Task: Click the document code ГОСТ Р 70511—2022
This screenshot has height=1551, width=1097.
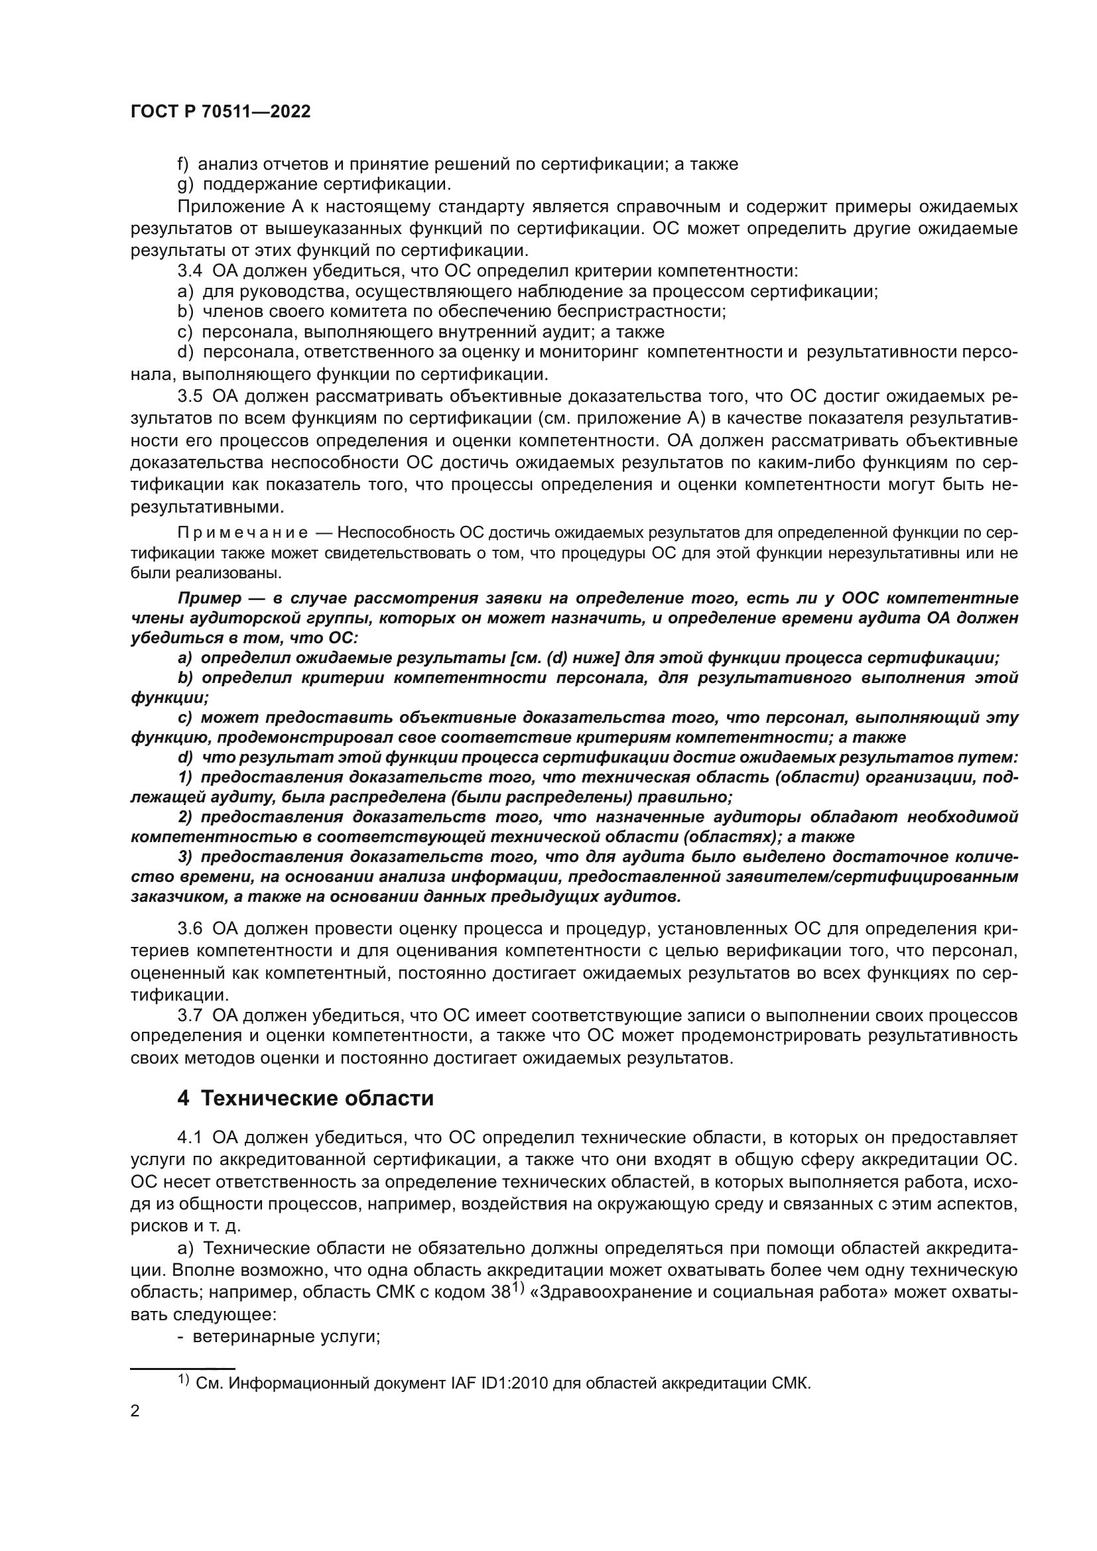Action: [x=220, y=112]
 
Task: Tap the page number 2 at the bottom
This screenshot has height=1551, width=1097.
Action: [x=135, y=1410]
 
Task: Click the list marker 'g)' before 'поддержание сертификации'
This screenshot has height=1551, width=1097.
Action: [x=184, y=184]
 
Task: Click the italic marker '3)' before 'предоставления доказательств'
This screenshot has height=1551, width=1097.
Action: [x=185, y=857]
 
